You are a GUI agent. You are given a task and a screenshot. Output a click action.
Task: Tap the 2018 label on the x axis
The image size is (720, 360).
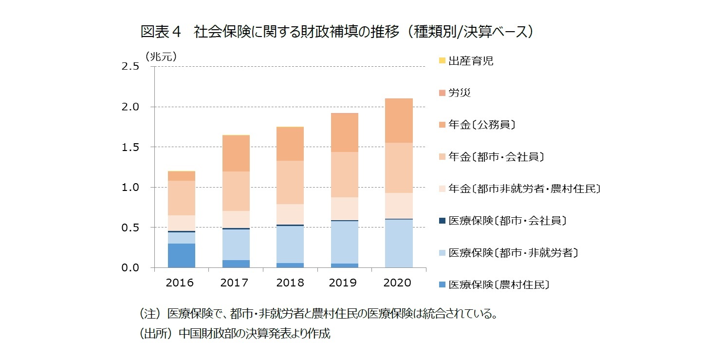(x=290, y=283)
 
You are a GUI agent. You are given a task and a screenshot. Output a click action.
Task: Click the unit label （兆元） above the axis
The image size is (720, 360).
(x=160, y=56)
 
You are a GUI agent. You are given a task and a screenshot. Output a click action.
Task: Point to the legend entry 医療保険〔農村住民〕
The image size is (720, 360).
(x=499, y=284)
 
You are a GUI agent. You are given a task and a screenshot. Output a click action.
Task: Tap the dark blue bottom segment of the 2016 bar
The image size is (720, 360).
(x=182, y=255)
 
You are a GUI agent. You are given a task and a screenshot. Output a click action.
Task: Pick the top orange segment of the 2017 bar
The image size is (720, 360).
(x=236, y=153)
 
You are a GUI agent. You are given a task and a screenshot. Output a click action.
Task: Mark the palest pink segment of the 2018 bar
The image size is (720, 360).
(x=290, y=214)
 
